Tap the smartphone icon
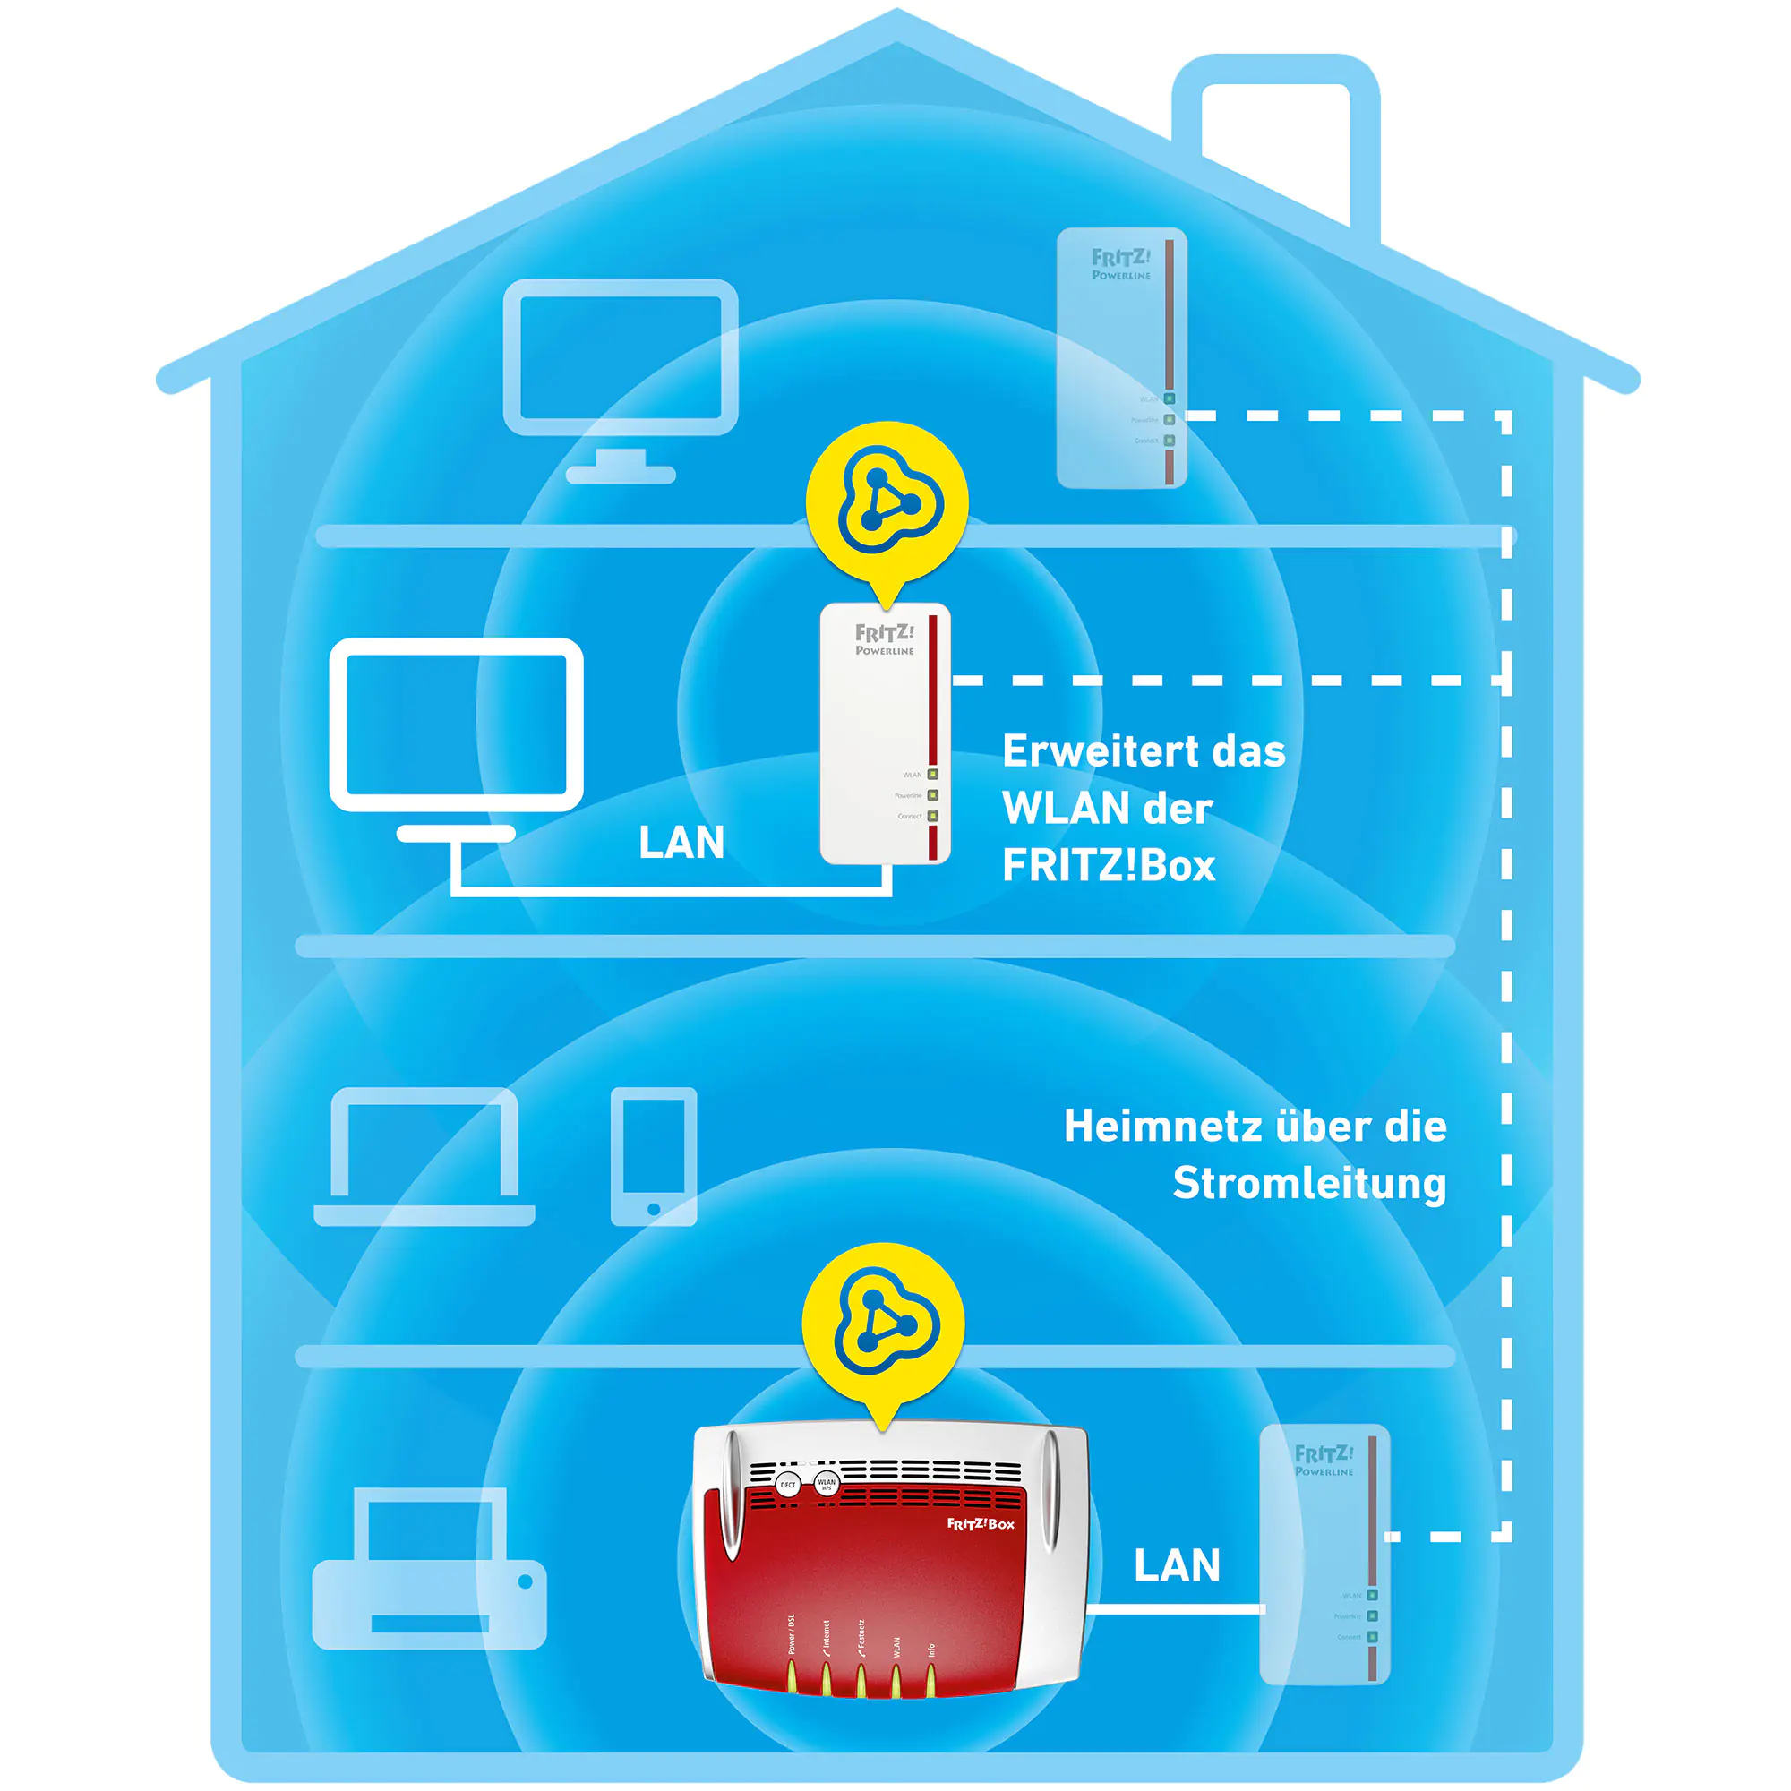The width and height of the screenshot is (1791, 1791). pos(654,1156)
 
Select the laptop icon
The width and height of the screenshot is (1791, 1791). pos(424,1156)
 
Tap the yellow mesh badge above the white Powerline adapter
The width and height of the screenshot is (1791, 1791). pos(887,501)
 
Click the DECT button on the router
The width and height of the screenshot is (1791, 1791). pos(787,1485)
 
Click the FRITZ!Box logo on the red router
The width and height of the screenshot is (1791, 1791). pos(980,1524)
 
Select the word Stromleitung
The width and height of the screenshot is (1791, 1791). pos(1309,1184)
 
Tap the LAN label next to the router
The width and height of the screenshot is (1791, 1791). pos(1177,1565)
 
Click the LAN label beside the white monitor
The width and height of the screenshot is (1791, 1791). pos(681,843)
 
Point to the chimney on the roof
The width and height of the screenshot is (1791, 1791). pos(1275,139)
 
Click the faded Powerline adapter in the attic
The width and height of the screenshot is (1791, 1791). pos(1122,358)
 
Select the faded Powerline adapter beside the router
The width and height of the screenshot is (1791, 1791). pos(1324,1554)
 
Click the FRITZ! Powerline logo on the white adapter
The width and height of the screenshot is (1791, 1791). pos(885,639)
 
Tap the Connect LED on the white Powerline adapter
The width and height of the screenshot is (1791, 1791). pos(932,816)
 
